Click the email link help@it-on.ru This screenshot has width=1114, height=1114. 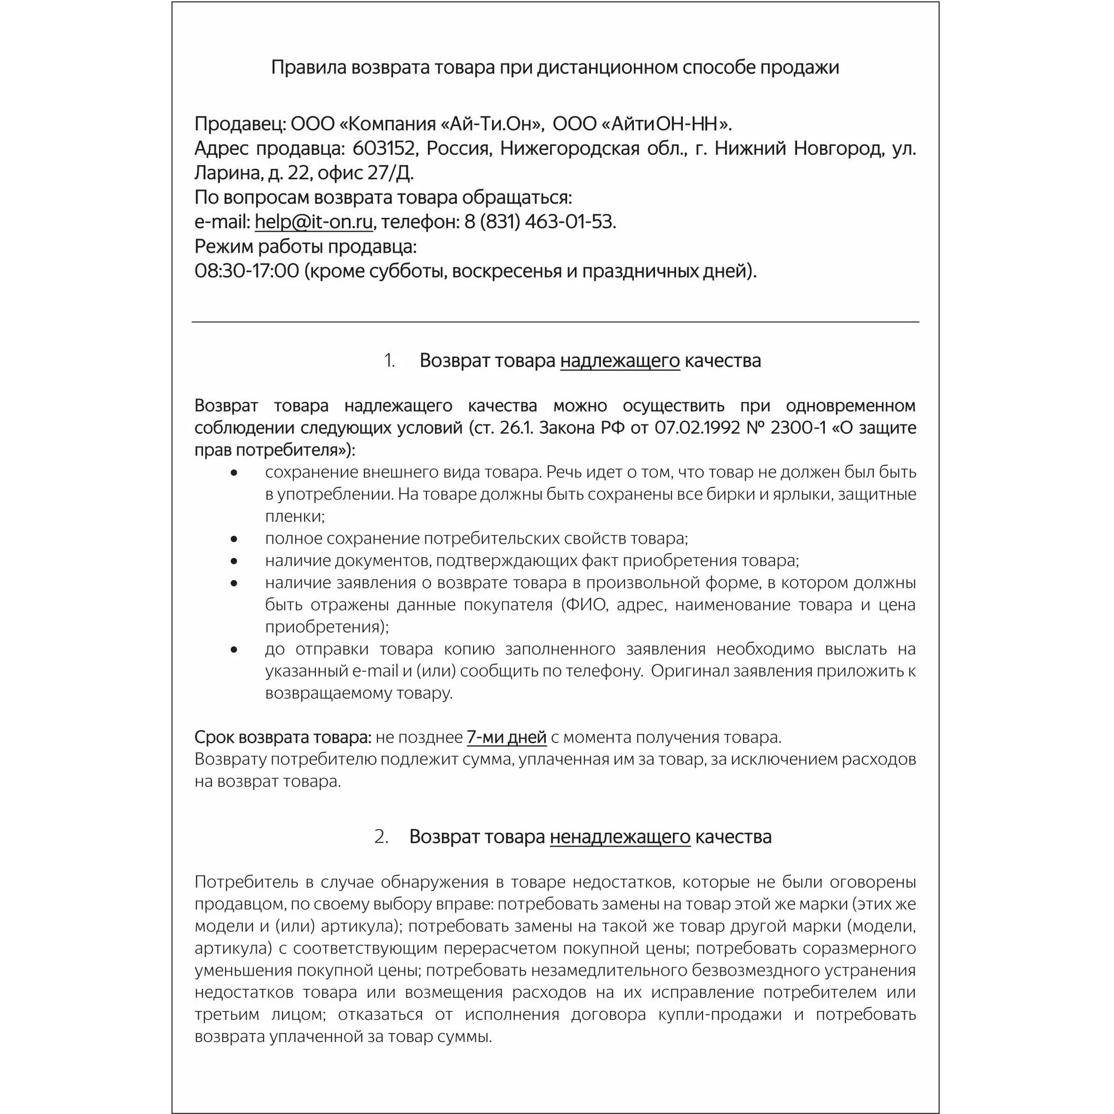[x=314, y=222]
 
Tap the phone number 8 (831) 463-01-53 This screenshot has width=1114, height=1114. [x=540, y=222]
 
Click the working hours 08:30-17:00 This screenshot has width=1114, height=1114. [x=247, y=271]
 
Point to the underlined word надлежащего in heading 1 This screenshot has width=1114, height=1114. [x=620, y=361]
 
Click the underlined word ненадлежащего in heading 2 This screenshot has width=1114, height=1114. [x=620, y=837]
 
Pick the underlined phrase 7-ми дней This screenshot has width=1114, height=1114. [x=506, y=737]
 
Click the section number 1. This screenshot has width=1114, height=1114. [x=389, y=361]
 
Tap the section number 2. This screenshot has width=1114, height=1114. [x=381, y=837]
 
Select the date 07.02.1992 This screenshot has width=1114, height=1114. [x=697, y=428]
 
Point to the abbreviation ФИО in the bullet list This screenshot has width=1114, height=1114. [x=585, y=605]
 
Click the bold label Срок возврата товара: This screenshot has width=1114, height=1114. [x=282, y=737]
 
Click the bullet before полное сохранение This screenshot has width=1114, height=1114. [x=233, y=539]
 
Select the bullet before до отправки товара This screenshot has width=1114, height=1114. [x=233, y=650]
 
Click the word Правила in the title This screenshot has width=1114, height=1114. [x=308, y=68]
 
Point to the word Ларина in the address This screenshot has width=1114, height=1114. [x=228, y=173]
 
